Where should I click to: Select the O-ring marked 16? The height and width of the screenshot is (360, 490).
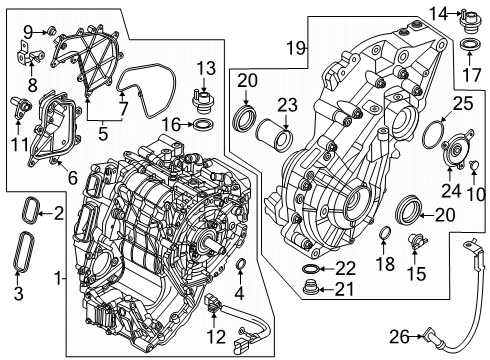tap(200, 123)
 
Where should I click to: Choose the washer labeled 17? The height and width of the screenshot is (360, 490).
tap(467, 47)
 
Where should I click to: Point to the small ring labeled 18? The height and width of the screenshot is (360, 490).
tap(385, 236)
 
